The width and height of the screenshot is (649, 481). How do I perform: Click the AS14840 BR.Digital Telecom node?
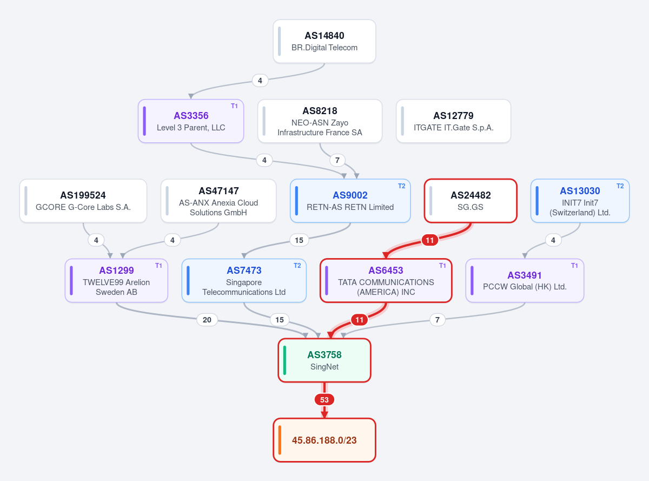324,41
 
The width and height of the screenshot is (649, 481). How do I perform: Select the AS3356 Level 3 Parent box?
191,121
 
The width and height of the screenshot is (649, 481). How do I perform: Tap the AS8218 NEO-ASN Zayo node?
320,121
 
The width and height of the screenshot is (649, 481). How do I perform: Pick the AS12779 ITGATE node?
453,121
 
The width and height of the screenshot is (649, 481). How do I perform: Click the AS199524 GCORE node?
83,201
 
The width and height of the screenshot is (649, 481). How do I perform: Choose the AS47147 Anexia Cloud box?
218,201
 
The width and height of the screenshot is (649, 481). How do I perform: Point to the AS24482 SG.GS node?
471,201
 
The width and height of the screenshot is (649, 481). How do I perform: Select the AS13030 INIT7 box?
580,201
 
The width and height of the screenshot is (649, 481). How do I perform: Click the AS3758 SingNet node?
324,360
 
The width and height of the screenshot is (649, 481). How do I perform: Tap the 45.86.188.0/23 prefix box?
324,440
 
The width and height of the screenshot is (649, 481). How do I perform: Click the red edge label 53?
324,400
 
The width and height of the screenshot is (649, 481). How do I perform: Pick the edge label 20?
207,320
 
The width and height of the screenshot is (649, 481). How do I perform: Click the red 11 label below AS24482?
429,240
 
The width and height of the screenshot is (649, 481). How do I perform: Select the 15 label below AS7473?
280,320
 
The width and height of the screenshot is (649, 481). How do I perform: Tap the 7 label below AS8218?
337,160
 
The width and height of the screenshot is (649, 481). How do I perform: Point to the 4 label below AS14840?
260,81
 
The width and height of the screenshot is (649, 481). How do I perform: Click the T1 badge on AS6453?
442,266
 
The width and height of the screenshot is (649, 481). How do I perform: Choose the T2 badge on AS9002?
401,186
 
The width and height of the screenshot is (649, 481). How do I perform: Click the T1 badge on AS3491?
574,266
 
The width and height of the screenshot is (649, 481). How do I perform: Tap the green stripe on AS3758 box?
284,360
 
